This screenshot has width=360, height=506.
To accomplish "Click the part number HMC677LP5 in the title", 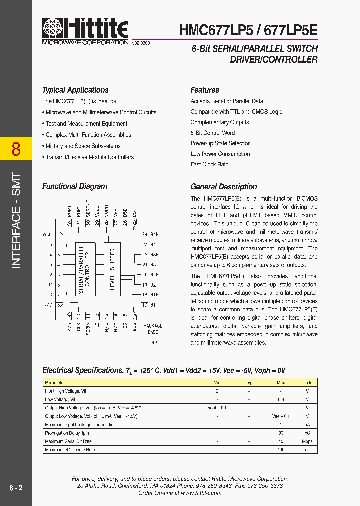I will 210,30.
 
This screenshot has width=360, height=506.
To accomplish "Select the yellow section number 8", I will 16,149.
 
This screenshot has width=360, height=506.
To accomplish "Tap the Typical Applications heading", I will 75,90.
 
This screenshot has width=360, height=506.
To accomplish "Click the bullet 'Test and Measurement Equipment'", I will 86,124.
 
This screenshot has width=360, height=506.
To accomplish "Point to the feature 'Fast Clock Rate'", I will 209,164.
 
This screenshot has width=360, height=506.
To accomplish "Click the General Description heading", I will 224,187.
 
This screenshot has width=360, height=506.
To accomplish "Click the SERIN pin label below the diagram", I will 88,328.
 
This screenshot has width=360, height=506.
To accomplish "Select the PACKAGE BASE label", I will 153,329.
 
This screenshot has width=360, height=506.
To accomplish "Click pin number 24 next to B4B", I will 144,234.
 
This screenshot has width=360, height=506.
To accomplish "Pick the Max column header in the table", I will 281,383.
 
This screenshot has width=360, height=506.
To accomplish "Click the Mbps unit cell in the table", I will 307,441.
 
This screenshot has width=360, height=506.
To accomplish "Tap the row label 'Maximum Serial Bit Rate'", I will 68,441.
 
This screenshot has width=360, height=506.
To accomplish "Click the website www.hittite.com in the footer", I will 201,493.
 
